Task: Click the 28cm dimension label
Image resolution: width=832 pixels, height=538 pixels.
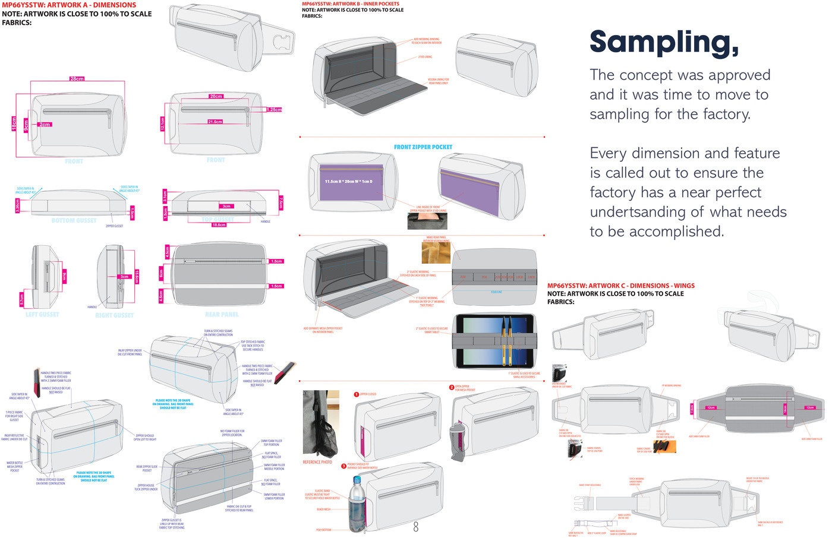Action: pos(77,78)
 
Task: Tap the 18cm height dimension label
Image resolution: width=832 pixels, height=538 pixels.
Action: pos(14,124)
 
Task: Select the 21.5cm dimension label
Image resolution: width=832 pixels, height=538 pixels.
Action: pos(215,122)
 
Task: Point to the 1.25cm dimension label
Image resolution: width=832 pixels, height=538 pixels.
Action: pos(274,110)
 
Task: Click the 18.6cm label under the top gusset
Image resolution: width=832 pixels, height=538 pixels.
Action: pos(219,225)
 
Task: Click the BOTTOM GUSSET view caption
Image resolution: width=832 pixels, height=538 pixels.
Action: pos(74,220)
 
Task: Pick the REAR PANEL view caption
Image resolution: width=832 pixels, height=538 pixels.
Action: pos(222,314)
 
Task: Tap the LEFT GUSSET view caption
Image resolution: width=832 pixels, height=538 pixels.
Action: pos(42,314)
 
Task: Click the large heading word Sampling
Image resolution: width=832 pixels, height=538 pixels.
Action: pos(664,43)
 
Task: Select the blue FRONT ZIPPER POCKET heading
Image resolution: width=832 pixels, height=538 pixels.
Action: pos(423,147)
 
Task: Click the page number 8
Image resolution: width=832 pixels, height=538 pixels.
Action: pos(415,527)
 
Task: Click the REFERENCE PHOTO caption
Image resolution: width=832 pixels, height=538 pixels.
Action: pos(317,462)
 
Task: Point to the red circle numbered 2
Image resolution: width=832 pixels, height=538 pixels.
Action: pos(452,387)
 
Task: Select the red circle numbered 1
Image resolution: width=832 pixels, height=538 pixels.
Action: pos(357,394)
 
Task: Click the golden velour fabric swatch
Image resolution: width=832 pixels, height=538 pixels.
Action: pos(436,252)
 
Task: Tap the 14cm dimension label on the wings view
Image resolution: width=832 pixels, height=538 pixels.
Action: pos(784,409)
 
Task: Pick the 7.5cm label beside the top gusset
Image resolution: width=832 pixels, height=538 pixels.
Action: pos(281,203)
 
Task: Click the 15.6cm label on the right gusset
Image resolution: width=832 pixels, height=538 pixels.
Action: pos(137,277)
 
